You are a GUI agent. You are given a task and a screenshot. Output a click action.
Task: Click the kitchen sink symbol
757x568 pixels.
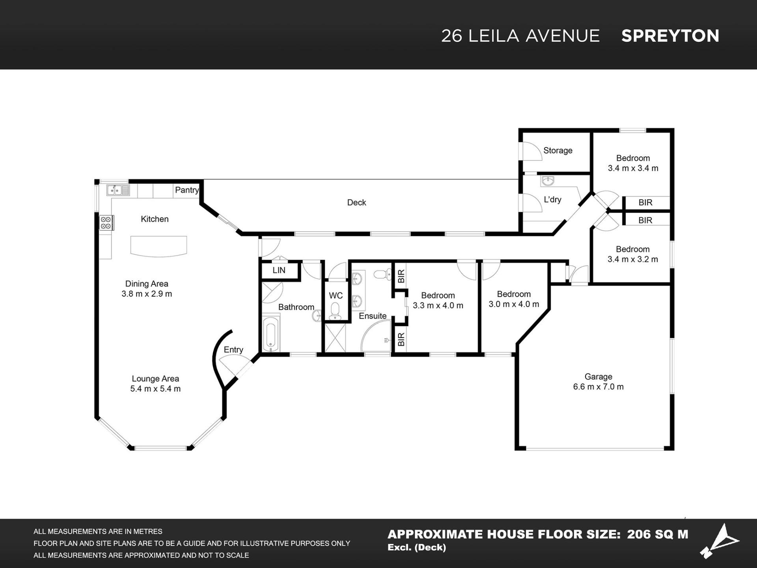(118, 190)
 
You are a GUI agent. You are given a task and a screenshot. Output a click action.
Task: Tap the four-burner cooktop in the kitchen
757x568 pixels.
(106, 222)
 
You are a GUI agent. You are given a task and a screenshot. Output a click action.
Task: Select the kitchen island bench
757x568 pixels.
(158, 246)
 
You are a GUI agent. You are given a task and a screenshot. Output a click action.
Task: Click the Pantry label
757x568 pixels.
(187, 190)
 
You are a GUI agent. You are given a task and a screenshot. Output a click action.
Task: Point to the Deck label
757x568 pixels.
(356, 202)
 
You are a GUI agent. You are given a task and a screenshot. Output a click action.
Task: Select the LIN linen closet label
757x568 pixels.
(279, 270)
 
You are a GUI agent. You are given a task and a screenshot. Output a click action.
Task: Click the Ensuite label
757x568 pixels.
(373, 316)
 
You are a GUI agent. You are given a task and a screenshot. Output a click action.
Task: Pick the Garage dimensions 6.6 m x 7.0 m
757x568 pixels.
(598, 387)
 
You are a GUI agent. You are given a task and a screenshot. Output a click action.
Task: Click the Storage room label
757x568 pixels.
(558, 150)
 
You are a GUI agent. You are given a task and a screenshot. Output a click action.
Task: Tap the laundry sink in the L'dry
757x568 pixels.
(548, 181)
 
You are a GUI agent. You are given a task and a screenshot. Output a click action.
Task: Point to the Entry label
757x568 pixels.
(233, 350)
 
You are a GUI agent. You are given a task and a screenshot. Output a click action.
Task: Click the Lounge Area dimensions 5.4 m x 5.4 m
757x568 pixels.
(155, 389)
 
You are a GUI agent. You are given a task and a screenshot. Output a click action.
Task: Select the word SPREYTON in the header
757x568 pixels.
(670, 36)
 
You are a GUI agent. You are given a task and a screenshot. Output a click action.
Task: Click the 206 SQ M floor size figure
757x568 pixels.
(658, 534)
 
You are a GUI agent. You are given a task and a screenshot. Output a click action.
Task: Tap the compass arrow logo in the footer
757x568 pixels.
(720, 541)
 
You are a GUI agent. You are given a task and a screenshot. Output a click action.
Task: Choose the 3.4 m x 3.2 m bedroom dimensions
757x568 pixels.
(633, 260)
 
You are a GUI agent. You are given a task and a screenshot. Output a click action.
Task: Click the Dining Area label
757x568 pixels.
(147, 284)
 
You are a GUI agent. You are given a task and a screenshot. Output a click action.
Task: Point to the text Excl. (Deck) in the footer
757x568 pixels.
(417, 547)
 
